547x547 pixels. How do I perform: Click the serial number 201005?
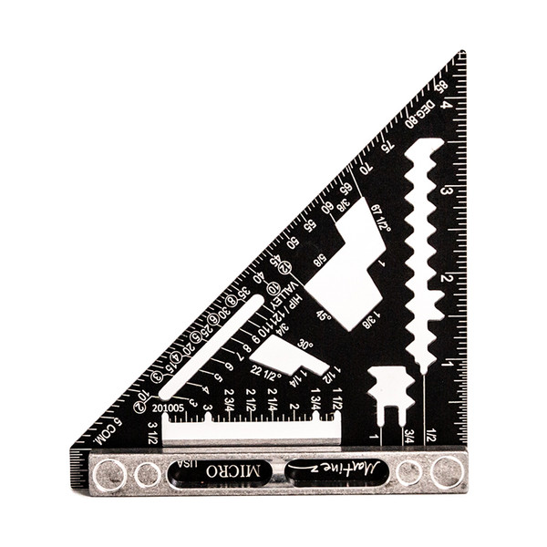coord(169,408)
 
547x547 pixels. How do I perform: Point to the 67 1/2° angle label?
coord(381,218)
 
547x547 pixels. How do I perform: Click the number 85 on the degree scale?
coord(440,88)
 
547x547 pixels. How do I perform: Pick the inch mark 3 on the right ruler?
coord(447,191)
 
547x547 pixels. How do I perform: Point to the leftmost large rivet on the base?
coord(109,473)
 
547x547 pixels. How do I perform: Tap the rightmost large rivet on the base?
coord(447,471)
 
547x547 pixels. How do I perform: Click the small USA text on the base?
coord(187,470)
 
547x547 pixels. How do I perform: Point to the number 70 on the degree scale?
coord(366,168)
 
